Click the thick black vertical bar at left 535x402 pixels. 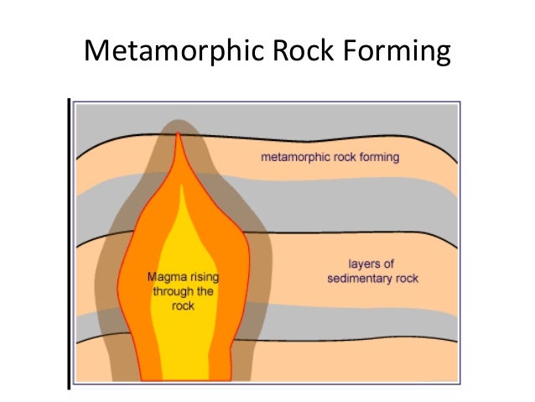tap(68, 243)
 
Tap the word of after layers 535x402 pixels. tap(388, 264)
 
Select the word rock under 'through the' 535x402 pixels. tap(183, 305)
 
